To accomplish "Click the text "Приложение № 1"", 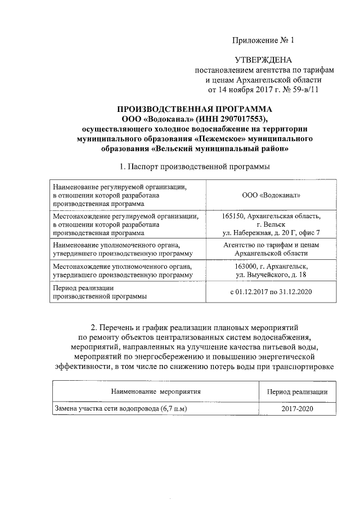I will (263, 40).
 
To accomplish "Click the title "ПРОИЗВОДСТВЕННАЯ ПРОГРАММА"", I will (194, 109).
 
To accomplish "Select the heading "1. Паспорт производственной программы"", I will (194, 166).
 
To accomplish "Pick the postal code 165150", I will (234, 215).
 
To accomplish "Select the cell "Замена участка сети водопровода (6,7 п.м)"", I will (119, 409).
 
